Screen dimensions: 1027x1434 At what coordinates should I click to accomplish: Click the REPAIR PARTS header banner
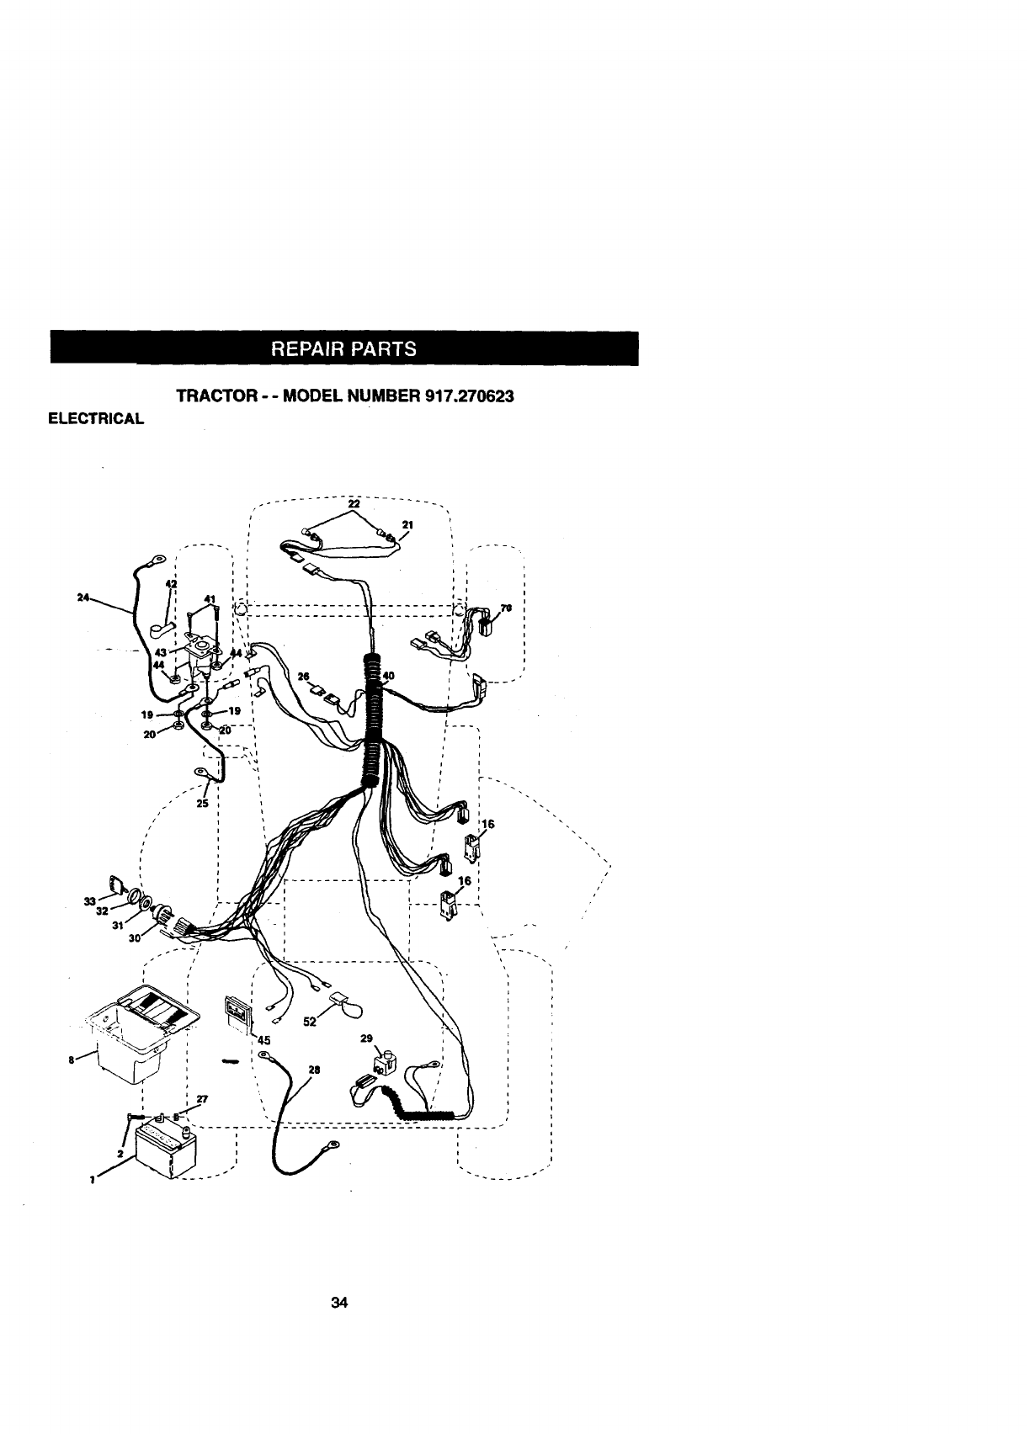[343, 348]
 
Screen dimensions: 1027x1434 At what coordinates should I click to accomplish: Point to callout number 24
[82, 597]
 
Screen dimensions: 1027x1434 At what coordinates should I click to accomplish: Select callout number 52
[309, 1021]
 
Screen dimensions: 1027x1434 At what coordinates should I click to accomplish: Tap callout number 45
[263, 1039]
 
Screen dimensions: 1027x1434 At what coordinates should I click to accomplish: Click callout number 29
[366, 1038]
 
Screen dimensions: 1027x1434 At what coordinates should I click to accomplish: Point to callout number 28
[314, 1070]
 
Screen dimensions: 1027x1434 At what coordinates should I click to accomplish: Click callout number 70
[506, 608]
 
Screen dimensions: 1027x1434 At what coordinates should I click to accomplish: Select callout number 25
[202, 804]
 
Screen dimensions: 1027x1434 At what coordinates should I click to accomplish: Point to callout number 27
[203, 1098]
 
